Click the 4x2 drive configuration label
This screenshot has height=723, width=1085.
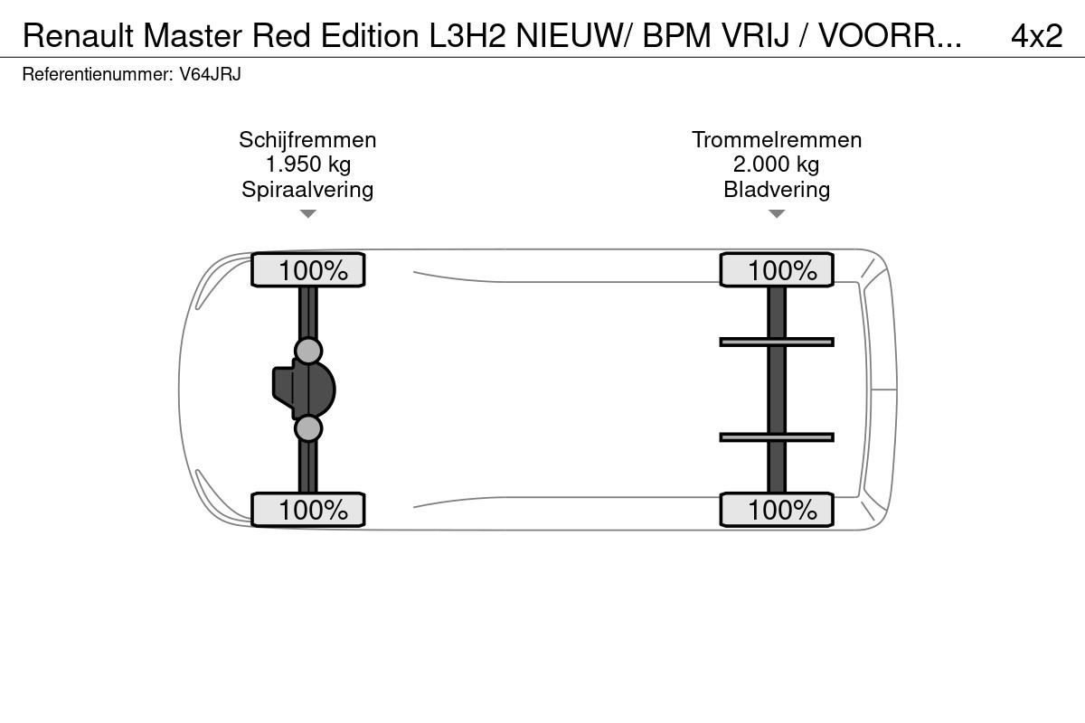coord(1036,35)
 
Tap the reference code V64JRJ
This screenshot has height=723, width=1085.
coord(210,75)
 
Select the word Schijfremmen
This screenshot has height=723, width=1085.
coord(307,140)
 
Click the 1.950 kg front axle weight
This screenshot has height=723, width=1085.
coord(307,164)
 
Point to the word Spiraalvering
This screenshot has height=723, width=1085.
coord(307,189)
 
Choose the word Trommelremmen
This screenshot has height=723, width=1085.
coord(777,140)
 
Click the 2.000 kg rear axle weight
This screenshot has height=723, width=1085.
coord(777,164)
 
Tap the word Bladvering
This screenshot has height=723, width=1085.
coord(777,189)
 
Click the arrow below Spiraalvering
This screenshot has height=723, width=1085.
coord(308,214)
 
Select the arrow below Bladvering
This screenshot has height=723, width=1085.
coord(777,214)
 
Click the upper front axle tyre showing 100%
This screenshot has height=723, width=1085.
coord(307,270)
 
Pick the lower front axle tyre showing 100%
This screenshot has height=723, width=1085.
coord(307,510)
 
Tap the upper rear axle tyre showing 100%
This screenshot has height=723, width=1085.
coord(777,270)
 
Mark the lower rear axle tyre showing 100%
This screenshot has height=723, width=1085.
coord(777,510)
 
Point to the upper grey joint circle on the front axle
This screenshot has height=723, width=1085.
coord(308,351)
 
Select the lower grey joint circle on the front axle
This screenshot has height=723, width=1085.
coord(308,428)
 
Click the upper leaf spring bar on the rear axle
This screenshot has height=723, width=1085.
coord(777,342)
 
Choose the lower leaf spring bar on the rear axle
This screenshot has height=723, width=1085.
coord(777,437)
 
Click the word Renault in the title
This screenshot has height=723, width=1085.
coord(77,35)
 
